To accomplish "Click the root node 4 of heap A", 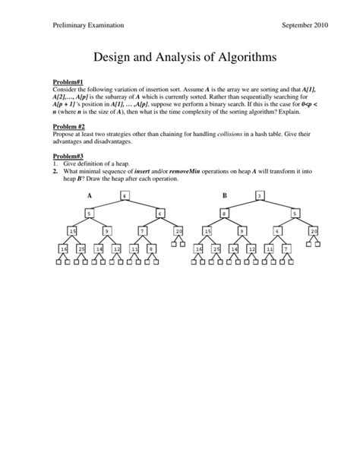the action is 125,195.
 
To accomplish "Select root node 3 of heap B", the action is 260,195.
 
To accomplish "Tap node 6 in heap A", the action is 159,214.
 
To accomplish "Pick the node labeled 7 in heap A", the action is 142,231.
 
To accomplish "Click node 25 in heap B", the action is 216,249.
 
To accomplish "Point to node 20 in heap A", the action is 178,231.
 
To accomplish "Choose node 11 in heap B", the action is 269,249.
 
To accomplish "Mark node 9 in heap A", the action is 107,231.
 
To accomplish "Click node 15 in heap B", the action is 207,231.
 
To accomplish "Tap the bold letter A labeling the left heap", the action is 90,195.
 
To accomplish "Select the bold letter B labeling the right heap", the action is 225,195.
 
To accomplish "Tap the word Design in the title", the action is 114,56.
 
